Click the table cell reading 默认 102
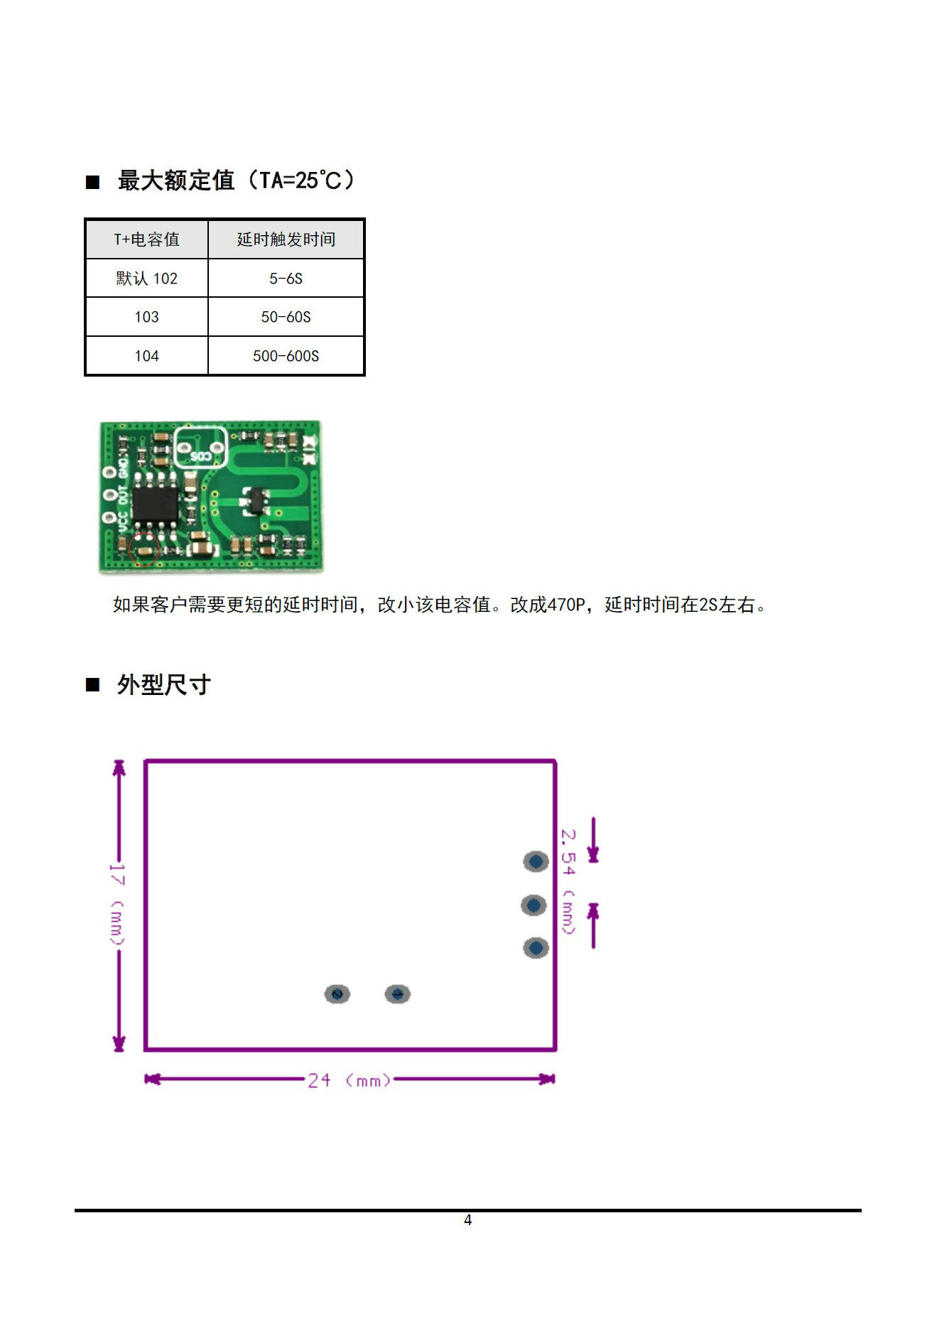(x=146, y=279)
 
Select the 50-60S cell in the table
(x=286, y=317)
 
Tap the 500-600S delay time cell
(x=286, y=356)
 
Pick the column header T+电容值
(x=146, y=239)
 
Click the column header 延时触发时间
(x=286, y=239)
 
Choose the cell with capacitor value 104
(x=146, y=356)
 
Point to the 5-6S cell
(x=286, y=279)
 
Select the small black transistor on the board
(x=254, y=501)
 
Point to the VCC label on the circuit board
(x=123, y=523)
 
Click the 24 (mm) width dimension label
(x=349, y=1081)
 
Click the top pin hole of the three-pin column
(x=536, y=861)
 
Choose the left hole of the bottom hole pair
(x=337, y=993)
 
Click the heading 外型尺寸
(x=163, y=685)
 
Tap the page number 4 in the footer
(x=467, y=1220)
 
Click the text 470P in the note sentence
(x=566, y=605)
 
